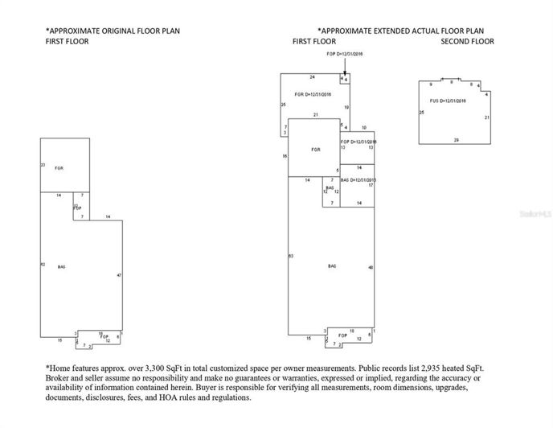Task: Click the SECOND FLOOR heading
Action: (x=468, y=40)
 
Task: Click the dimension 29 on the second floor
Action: (x=456, y=140)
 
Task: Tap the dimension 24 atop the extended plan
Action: (x=312, y=76)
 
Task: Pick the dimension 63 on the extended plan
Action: (x=290, y=255)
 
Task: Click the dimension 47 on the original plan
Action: (x=119, y=275)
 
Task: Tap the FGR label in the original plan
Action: (x=59, y=168)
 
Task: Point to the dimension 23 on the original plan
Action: (x=43, y=165)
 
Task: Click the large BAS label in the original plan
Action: (x=61, y=266)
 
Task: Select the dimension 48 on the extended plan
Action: (x=371, y=267)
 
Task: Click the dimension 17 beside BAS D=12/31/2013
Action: (x=371, y=185)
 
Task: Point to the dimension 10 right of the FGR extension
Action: (x=363, y=128)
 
